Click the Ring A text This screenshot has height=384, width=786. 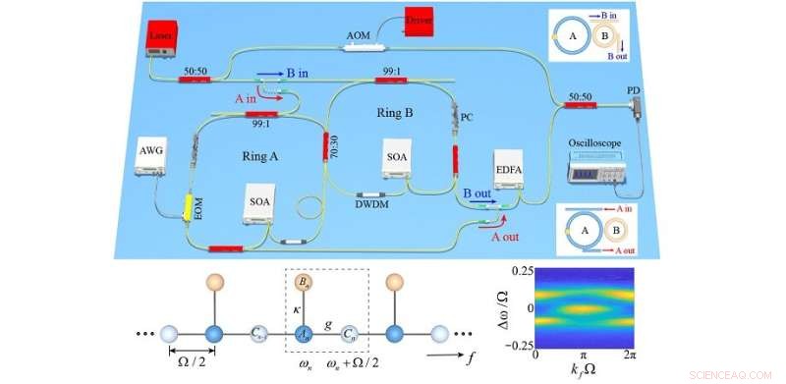click(260, 154)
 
